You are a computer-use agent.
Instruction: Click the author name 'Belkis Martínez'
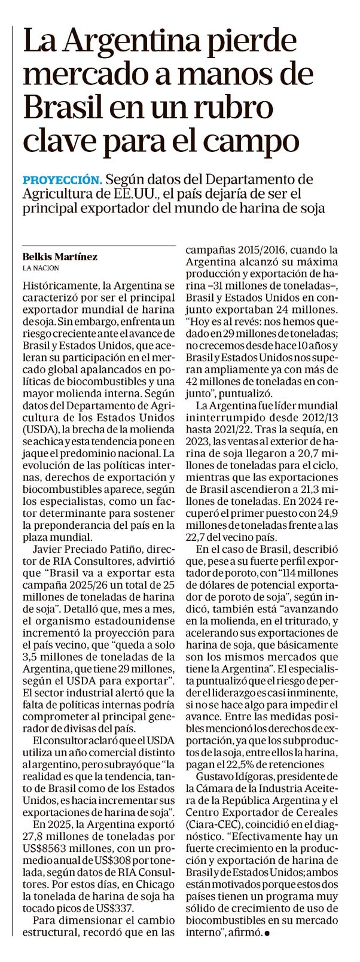click(60, 256)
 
